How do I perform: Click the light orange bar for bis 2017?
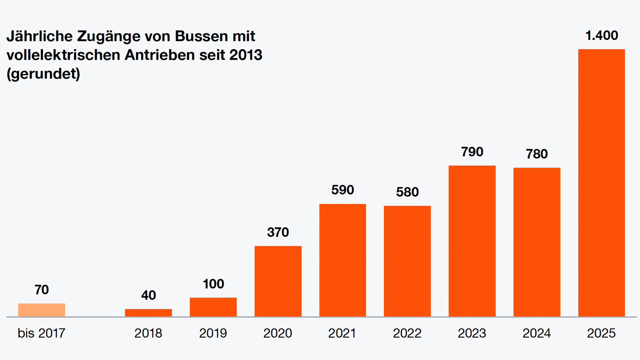[x=41, y=310]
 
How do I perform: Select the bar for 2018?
[x=148, y=313]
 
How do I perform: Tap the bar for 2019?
[x=213, y=307]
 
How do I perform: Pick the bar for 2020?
[x=278, y=281]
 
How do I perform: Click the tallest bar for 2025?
[x=601, y=183]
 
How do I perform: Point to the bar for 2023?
[x=472, y=241]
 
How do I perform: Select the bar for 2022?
[x=407, y=261]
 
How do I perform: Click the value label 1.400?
[x=602, y=35]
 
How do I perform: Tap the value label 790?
[x=472, y=152]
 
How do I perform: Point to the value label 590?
[x=342, y=190]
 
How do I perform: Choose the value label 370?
[x=278, y=232]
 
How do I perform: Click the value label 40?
[x=148, y=295]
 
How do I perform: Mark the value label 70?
[x=42, y=290]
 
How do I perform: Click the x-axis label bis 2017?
[x=41, y=333]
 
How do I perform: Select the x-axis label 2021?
[x=342, y=333]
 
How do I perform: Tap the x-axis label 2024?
[x=536, y=333]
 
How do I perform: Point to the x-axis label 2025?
[x=601, y=333]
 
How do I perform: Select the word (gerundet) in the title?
[x=43, y=74]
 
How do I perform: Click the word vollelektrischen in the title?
[x=63, y=55]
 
